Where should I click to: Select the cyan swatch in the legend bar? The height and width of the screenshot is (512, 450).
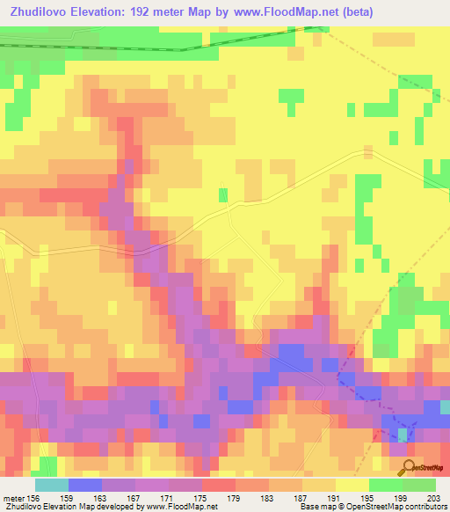[x=52, y=485]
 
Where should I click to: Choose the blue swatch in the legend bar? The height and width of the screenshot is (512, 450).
[x=85, y=485]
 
